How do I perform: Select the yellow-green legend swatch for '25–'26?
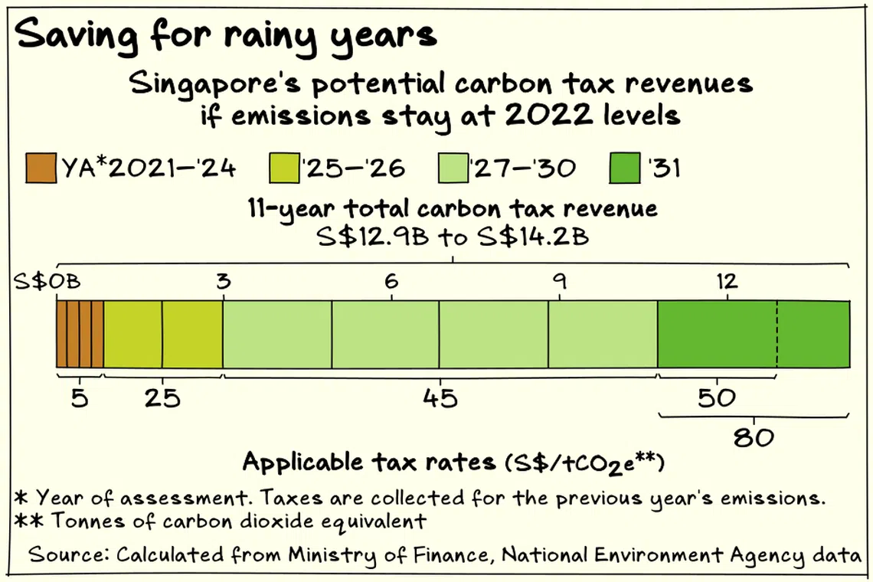coord(285,168)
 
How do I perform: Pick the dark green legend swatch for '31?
coord(626,168)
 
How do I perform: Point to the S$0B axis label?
coord(47,281)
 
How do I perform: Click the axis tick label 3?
coord(223,281)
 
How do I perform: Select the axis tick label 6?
coord(391,281)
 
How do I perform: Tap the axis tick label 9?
coord(559,281)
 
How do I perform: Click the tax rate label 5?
coord(80,398)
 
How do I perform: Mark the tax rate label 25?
coord(162,398)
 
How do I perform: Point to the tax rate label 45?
coord(440,398)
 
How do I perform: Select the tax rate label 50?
coord(717,398)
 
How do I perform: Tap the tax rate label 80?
coord(754,439)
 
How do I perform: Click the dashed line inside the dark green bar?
coord(777,335)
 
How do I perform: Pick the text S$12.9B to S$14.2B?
coord(453,236)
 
